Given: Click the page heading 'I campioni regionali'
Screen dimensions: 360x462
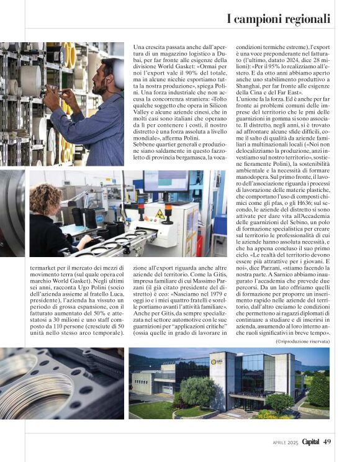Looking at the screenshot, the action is tap(279, 19).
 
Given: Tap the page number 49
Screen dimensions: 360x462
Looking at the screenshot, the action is tap(328, 442).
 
